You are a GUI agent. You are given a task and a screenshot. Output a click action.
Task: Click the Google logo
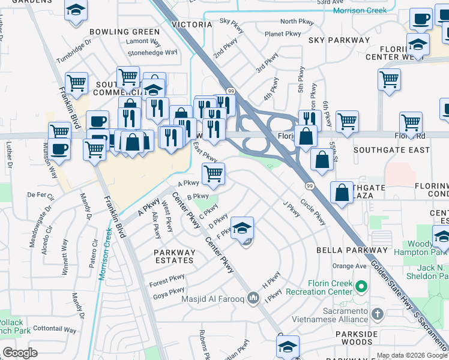click(x=20, y=353)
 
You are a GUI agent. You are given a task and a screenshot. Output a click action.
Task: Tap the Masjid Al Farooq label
click(x=218, y=298)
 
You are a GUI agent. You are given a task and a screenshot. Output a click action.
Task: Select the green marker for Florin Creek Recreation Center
click(x=360, y=287)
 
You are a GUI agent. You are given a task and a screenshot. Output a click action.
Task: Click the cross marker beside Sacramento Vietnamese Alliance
click(x=377, y=314)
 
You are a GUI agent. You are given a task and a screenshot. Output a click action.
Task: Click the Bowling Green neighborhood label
click(x=125, y=32)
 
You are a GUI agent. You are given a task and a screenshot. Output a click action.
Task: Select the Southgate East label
click(x=391, y=149)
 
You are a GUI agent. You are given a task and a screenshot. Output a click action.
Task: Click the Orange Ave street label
click(x=349, y=266)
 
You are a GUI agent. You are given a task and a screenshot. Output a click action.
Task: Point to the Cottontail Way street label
click(x=55, y=329)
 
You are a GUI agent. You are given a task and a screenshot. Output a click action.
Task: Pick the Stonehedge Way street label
click(x=152, y=52)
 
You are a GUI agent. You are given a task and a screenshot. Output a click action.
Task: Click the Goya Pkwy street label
click(x=168, y=295)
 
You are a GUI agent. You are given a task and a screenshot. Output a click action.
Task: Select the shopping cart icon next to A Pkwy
click(x=213, y=174)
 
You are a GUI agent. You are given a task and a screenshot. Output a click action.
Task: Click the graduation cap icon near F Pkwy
click(x=242, y=228)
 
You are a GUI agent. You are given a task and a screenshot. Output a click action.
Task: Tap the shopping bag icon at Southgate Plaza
click(x=342, y=193)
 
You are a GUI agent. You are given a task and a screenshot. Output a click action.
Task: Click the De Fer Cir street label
click(x=41, y=195)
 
